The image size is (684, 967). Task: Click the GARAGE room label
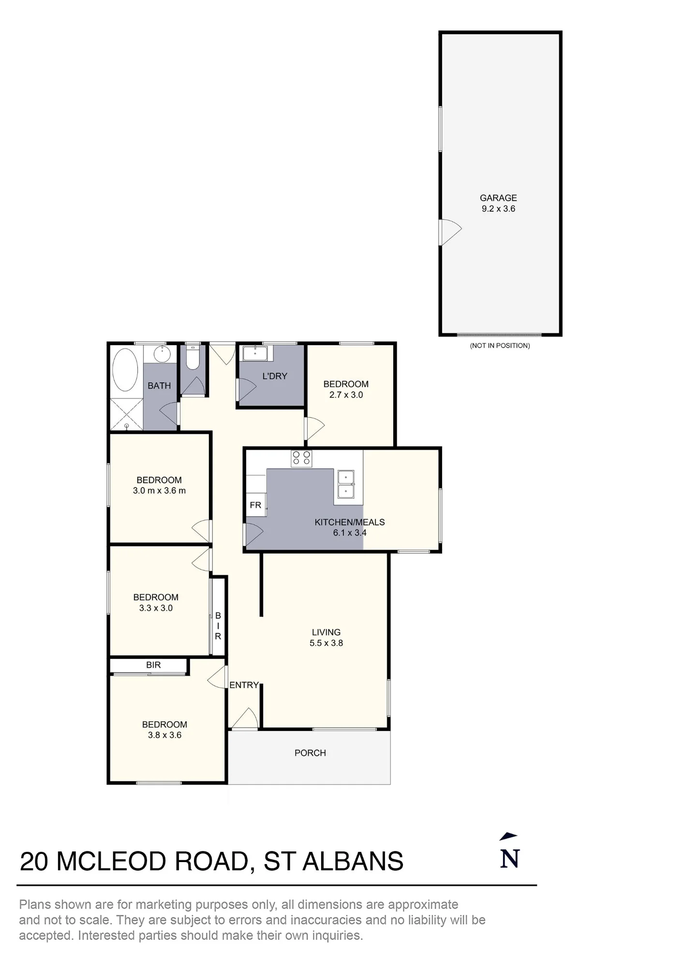pyautogui.click(x=498, y=198)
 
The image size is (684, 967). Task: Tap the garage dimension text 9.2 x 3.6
pyautogui.click(x=498, y=209)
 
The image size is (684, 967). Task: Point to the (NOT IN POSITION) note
pyautogui.click(x=500, y=346)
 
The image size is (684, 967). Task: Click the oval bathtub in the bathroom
pyautogui.click(x=125, y=370)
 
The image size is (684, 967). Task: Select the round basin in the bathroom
pyautogui.click(x=162, y=354)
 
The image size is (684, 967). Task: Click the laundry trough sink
pyautogui.click(x=255, y=353)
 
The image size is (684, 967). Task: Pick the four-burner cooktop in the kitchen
pyautogui.click(x=301, y=458)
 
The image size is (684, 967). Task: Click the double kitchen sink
pyautogui.click(x=345, y=484)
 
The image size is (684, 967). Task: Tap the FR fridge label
pyautogui.click(x=255, y=505)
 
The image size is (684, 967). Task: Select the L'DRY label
pyautogui.click(x=275, y=376)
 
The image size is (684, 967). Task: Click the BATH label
pyautogui.click(x=159, y=386)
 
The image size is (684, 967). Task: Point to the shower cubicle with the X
pyautogui.click(x=126, y=414)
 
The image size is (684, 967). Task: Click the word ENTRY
pyautogui.click(x=244, y=685)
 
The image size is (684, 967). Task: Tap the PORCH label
pyautogui.click(x=310, y=753)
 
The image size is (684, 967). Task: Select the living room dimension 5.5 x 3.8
pyautogui.click(x=326, y=643)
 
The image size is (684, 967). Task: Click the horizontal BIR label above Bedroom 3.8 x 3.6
pyautogui.click(x=153, y=665)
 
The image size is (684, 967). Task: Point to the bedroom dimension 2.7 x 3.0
pyautogui.click(x=346, y=395)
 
